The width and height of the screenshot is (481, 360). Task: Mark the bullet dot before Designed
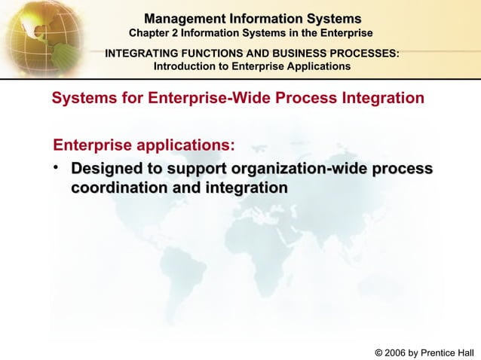pyautogui.click(x=57, y=167)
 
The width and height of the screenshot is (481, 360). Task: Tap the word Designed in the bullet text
pyautogui.click(x=106, y=167)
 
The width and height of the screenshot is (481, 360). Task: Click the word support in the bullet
pyautogui.click(x=198, y=167)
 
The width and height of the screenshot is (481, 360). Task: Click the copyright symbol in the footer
pyautogui.click(x=378, y=352)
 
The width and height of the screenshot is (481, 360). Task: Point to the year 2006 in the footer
pyautogui.click(x=396, y=352)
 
